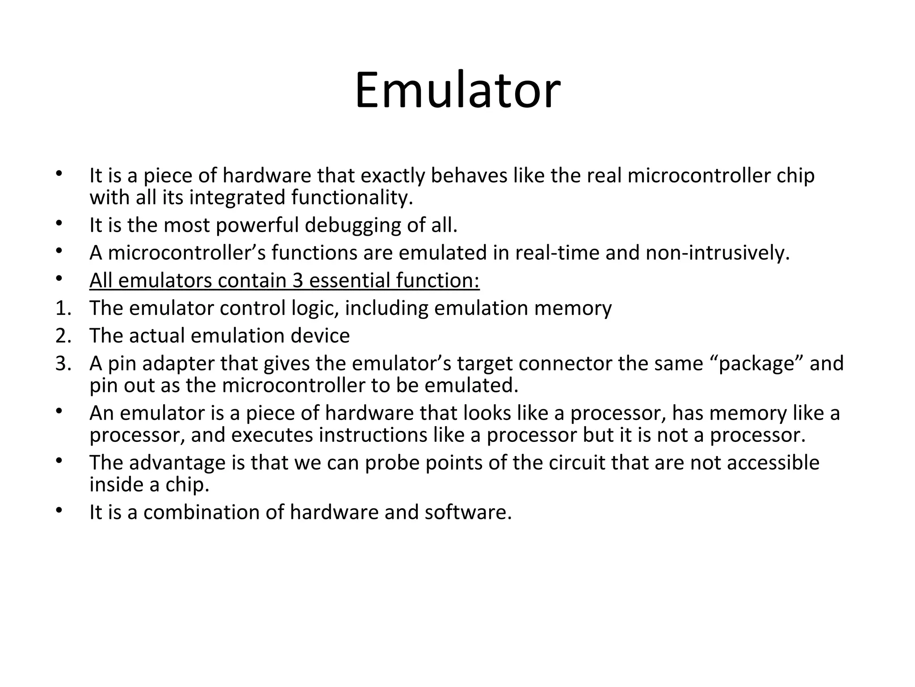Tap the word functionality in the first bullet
352,198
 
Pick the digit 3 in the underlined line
298,280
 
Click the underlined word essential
349,280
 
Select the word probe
392,463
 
